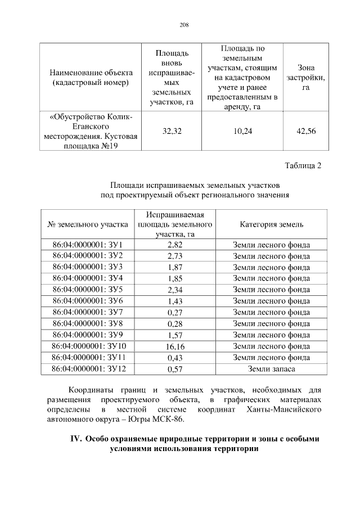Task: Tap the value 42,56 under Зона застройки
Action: click(305, 131)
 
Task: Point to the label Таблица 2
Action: click(303, 165)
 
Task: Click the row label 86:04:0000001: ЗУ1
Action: click(87, 245)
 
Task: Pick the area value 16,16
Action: click(175, 346)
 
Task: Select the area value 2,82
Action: click(175, 245)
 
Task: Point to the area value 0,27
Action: click(175, 312)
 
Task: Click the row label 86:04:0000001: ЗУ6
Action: click(87, 301)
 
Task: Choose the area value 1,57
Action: click(175, 335)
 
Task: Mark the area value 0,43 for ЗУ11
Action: click(175, 358)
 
